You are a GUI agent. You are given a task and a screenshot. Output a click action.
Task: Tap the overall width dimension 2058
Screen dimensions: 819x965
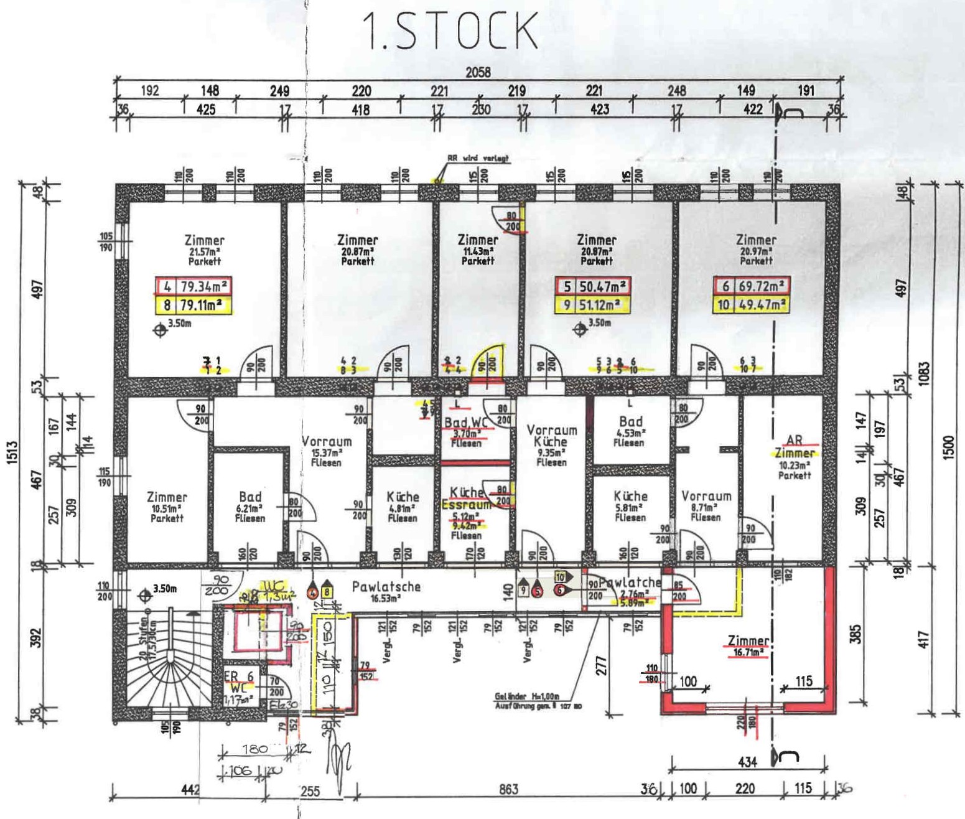(478, 72)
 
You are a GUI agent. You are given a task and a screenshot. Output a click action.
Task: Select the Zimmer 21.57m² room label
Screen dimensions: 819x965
(204, 250)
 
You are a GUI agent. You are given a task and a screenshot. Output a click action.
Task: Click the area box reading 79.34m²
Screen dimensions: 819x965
(193, 287)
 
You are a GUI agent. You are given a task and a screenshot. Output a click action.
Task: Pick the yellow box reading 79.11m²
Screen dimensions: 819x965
(193, 306)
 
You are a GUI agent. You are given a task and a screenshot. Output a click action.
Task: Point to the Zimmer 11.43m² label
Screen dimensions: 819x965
(478, 250)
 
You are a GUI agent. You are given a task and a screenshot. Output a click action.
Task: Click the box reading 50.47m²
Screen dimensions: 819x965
(593, 287)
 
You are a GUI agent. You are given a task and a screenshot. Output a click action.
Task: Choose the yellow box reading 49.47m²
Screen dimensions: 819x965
(751, 306)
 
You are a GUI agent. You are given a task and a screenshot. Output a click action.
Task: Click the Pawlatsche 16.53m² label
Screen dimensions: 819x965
(386, 591)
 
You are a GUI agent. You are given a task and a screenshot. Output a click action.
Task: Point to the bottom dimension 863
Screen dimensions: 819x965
(508, 789)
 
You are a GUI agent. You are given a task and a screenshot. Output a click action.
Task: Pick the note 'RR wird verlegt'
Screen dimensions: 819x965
(478, 159)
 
